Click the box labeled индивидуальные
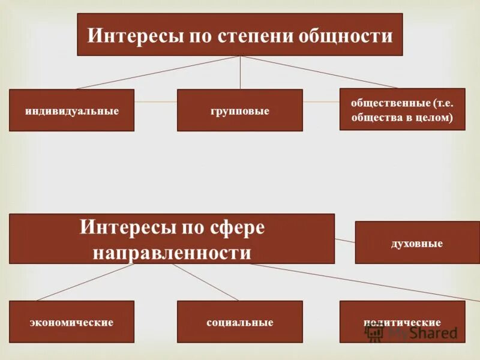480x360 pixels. [71, 110]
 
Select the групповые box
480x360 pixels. [239, 110]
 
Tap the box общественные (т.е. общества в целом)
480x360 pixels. [402, 109]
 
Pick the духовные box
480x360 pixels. [417, 242]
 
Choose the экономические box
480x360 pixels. [71, 322]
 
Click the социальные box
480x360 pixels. [239, 322]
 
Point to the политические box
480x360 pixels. [402, 322]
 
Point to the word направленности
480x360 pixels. [172, 252]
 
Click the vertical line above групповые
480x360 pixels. [240, 73]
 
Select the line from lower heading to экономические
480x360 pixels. [96, 282]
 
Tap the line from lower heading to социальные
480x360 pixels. [204, 282]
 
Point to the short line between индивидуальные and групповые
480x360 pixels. [155, 102]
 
